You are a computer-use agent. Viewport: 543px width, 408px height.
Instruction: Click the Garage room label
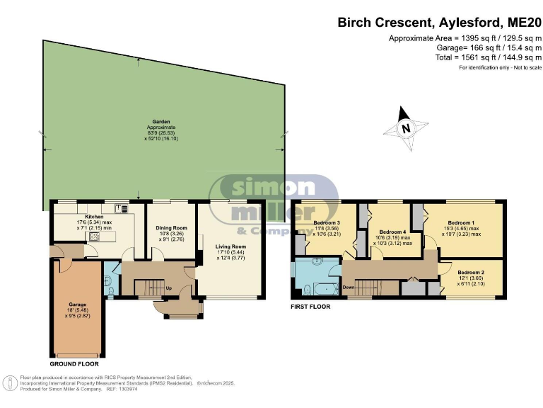[x=78, y=304]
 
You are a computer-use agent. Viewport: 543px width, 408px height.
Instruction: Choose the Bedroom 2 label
[x=470, y=273]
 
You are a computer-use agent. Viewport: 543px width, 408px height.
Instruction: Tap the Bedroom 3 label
[x=327, y=223]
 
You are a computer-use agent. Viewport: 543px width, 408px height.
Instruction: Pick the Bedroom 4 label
[x=392, y=232]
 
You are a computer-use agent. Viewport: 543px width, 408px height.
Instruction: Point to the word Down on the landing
[x=349, y=288]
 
